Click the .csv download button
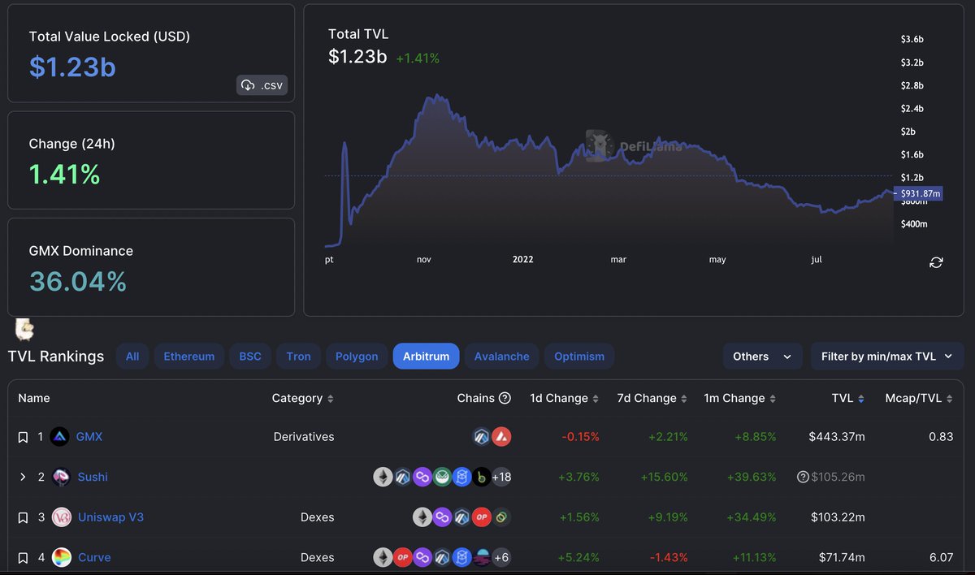[262, 85]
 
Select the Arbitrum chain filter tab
[426, 357]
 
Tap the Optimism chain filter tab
[579, 357]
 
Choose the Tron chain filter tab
[298, 357]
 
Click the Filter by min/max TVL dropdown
[887, 357]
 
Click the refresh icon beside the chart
[936, 262]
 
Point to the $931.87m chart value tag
[918, 193]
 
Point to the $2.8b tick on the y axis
[912, 85]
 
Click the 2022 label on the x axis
[522, 260]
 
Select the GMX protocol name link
[89, 437]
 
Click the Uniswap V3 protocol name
[110, 517]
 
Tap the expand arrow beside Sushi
[23, 477]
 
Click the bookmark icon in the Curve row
[23, 558]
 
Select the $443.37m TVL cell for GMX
[837, 437]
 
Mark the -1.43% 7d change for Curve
[668, 558]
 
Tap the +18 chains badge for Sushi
[501, 477]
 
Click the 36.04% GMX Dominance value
[78, 282]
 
